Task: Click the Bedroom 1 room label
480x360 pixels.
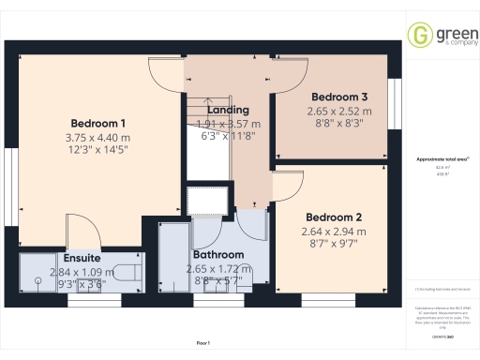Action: [97, 124]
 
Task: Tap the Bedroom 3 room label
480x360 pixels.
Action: [338, 97]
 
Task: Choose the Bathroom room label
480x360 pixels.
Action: [218, 255]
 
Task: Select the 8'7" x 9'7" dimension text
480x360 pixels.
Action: [331, 245]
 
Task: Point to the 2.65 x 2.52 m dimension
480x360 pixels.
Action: [338, 111]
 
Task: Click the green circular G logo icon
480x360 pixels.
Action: [419, 36]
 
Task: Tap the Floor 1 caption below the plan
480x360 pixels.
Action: [202, 344]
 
